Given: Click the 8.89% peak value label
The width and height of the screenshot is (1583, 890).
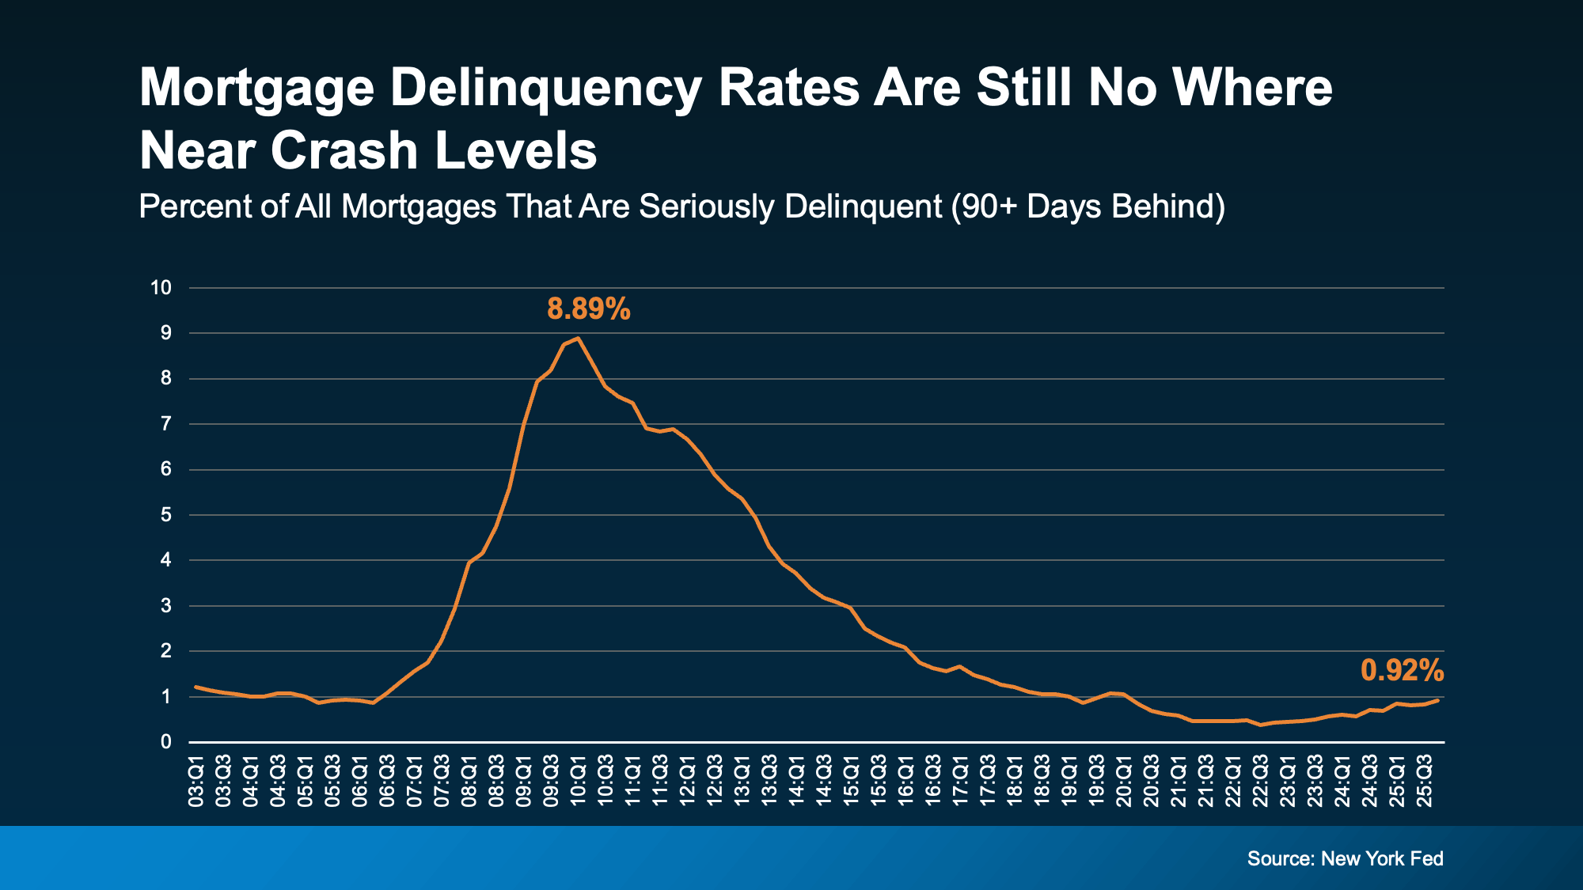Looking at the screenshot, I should pyautogui.click(x=588, y=309).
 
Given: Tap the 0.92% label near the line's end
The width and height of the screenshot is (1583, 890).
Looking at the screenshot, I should pyautogui.click(x=1402, y=671).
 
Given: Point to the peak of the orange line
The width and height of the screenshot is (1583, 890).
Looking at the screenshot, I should pyautogui.click(x=578, y=339).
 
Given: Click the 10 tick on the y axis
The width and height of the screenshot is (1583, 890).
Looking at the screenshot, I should pyautogui.click(x=161, y=288).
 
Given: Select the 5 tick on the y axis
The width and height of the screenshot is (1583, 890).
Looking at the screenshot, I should pyautogui.click(x=165, y=515).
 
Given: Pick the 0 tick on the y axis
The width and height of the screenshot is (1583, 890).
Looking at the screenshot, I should pyautogui.click(x=165, y=742).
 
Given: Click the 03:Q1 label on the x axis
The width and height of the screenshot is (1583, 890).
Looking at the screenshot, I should pyautogui.click(x=196, y=782).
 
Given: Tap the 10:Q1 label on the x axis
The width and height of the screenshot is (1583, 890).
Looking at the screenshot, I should pyautogui.click(x=579, y=782).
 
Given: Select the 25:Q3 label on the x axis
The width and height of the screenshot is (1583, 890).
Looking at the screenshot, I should pyautogui.click(x=1425, y=782).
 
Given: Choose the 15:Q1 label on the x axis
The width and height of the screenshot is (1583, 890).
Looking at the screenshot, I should pyautogui.click(x=852, y=782).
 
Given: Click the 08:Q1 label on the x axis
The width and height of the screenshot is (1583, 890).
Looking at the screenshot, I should pyautogui.click(x=469, y=782).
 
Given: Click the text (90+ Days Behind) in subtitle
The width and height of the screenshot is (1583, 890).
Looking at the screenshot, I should pyautogui.click(x=1088, y=206).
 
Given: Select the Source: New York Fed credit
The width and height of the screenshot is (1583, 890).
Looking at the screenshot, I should pyautogui.click(x=1345, y=858).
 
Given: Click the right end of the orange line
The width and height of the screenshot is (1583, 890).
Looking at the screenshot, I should pyautogui.click(x=1437, y=700).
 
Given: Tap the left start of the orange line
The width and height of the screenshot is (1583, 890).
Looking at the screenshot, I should pyautogui.click(x=196, y=687).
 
